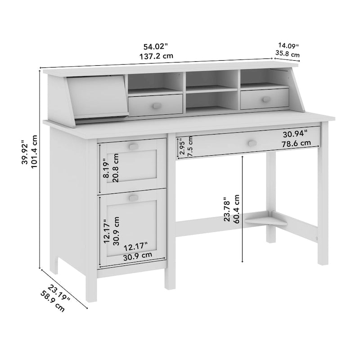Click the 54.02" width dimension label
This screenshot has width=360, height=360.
[x=156, y=46]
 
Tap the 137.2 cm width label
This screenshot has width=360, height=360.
[x=156, y=56]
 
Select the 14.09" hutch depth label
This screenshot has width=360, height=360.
[x=288, y=45]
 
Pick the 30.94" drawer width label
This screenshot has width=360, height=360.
[x=295, y=134]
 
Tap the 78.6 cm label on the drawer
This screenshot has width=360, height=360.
[x=297, y=144]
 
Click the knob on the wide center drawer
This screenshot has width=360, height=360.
[x=252, y=143]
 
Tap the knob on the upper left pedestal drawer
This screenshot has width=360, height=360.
[x=133, y=146]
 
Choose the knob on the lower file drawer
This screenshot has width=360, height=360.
[x=133, y=198]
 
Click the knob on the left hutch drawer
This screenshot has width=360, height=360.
[x=156, y=105]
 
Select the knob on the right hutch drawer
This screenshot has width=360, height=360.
[x=266, y=99]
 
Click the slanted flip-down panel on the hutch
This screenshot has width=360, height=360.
[x=96, y=97]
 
